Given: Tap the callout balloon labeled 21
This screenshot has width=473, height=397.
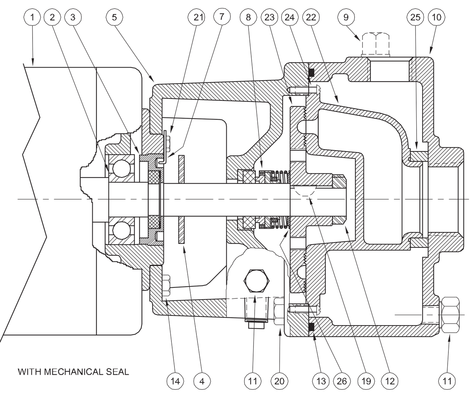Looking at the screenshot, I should point(198,17).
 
